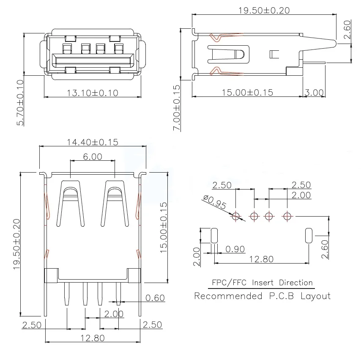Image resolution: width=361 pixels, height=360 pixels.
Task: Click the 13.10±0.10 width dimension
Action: tap(93, 92)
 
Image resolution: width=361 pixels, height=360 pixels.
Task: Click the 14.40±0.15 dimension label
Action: tap(93, 143)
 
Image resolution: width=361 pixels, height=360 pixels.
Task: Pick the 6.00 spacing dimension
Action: tap(93, 157)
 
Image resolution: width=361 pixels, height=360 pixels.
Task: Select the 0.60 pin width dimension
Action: tap(155, 298)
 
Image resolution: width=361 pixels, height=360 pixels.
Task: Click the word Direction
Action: tap(295, 283)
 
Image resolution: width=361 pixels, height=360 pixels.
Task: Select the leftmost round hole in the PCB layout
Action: tap(236, 216)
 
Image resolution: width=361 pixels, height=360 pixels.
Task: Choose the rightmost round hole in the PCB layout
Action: tap(287, 216)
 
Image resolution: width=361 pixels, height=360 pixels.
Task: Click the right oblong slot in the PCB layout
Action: tap(309, 235)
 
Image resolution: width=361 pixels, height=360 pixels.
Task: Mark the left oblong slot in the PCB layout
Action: tap(214, 235)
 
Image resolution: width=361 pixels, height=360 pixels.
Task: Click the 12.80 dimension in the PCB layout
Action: tap(262, 259)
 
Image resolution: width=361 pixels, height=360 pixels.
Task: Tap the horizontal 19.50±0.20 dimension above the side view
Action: tap(264, 11)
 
